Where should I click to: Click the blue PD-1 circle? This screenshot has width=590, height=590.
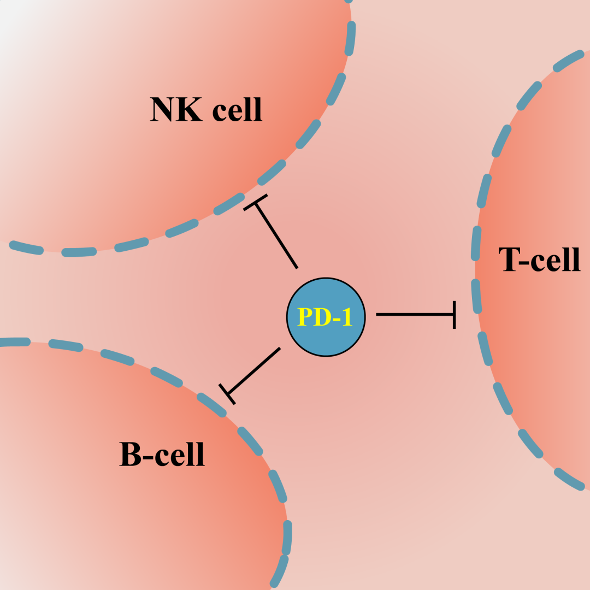[x=326, y=317]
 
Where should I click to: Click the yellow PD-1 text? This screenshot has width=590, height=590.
[x=325, y=317]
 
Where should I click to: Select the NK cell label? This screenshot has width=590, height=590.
[x=206, y=109]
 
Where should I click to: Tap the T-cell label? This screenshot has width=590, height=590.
[x=539, y=259]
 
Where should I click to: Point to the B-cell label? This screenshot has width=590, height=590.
[x=162, y=454]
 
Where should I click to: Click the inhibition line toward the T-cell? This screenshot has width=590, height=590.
[x=415, y=315]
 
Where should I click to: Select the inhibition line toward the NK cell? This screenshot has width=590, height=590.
[x=276, y=236]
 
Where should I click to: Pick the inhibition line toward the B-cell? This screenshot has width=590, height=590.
[x=253, y=371]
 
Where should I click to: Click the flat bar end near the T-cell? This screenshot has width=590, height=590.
[x=455, y=315]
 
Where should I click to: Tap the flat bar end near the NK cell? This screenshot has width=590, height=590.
[x=256, y=203]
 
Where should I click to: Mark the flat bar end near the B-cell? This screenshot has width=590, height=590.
[x=227, y=394]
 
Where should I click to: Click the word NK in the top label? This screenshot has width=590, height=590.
[x=176, y=109]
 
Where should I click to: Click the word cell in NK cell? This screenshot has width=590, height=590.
[x=237, y=109]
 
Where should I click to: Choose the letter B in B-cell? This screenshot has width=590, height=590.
[x=131, y=454]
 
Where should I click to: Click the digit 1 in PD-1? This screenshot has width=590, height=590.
[x=347, y=317]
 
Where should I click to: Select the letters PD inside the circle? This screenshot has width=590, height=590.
[x=314, y=317]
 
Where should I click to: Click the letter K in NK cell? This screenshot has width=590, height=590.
[x=190, y=109]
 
